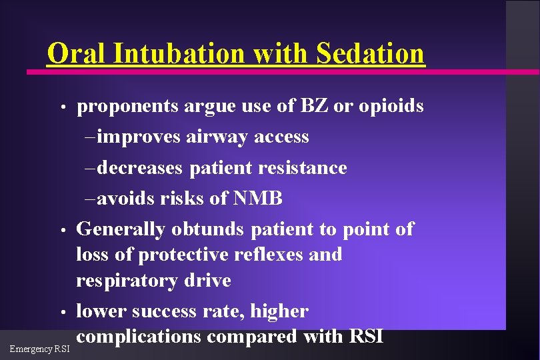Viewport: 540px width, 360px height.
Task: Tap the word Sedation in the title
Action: click(369, 53)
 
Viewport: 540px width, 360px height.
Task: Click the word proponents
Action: click(127, 107)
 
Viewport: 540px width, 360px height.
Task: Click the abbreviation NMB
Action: click(259, 199)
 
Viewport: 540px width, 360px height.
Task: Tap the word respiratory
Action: click(125, 281)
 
